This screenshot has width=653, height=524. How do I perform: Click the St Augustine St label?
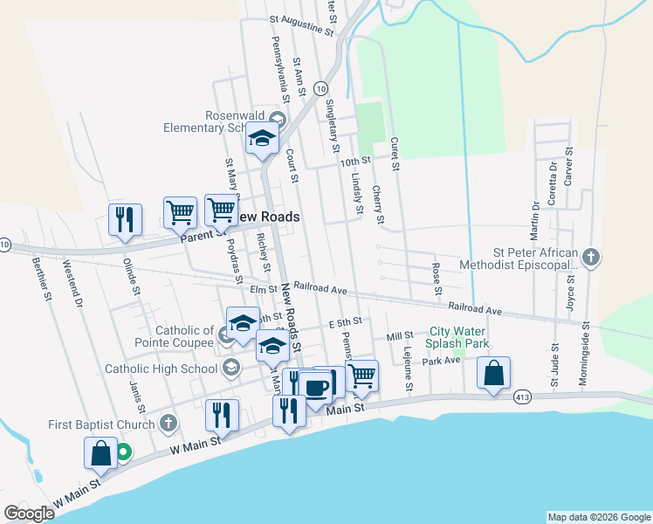(302, 24)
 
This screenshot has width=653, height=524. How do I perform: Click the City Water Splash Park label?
(458, 337)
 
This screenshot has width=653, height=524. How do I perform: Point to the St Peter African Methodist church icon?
(591, 257)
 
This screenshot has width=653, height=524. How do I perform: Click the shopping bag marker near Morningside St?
(493, 372)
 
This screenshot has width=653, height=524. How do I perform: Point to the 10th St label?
(355, 161)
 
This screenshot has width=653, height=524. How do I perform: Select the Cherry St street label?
(378, 203)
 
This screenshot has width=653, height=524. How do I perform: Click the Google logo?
(30, 514)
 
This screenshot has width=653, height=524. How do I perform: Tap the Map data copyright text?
(598, 517)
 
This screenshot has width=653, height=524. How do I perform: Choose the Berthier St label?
(42, 279)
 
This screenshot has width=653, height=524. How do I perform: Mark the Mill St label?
(399, 336)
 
